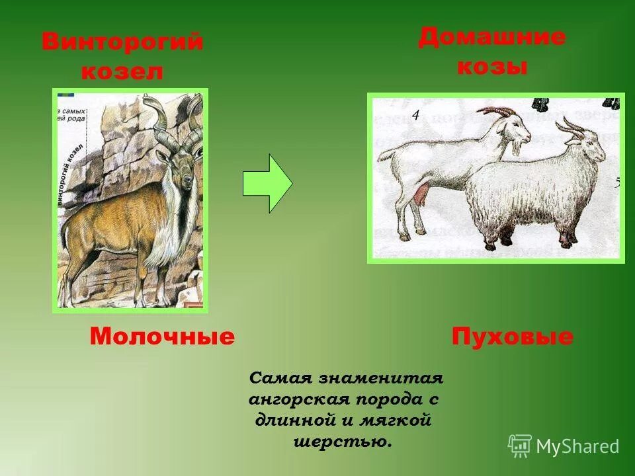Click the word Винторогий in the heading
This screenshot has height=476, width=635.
(122, 42)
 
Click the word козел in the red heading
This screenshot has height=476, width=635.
(122, 71)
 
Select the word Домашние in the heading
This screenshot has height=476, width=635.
(491, 37)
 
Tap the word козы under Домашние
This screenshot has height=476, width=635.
(492, 66)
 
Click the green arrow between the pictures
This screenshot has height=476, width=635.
(267, 183)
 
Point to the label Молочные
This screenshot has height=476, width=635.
(162, 337)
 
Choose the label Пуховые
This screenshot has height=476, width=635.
(513, 337)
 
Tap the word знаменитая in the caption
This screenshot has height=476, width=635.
(380, 379)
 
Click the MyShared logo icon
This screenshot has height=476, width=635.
(520, 446)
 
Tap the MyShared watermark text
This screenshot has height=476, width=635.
(577, 447)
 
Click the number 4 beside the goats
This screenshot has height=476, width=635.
(415, 116)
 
